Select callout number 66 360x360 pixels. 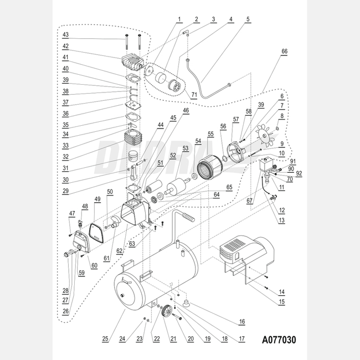pos(284,51)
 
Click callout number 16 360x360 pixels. pos(241,321)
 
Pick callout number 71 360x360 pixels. pos(194,95)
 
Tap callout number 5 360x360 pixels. pos(248,19)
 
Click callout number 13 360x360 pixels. pos(281,220)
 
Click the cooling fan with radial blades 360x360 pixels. pos(264,136)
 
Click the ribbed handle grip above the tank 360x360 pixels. pos(187,217)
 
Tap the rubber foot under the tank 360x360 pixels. pos(186,302)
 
